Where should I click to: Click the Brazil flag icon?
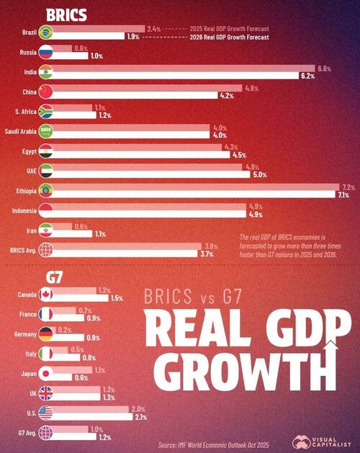[x=46, y=32]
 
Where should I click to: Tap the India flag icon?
[x=46, y=72]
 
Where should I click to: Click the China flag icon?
[x=46, y=91]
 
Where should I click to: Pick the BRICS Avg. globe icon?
[x=46, y=250]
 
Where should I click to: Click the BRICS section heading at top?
[x=67, y=14]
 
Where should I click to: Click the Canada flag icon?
[x=46, y=295]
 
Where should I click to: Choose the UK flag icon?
[x=46, y=393]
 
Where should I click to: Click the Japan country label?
[x=26, y=374]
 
